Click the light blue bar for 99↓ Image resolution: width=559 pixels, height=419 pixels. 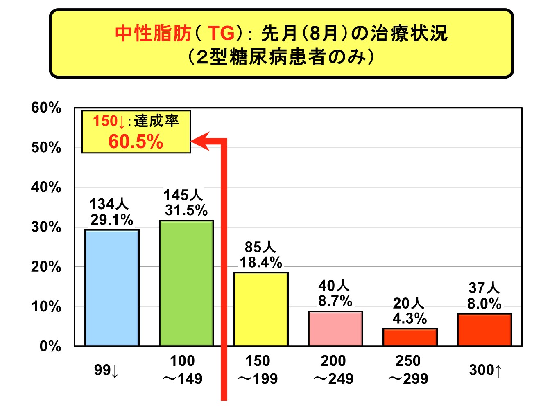click(x=112, y=288)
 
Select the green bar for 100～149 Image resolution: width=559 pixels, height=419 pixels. click(x=186, y=283)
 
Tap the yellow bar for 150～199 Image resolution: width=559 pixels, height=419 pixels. click(x=261, y=309)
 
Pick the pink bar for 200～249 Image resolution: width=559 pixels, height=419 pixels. click(x=335, y=329)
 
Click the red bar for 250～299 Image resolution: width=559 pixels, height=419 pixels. click(x=410, y=337)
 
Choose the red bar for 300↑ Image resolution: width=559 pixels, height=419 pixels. click(x=484, y=330)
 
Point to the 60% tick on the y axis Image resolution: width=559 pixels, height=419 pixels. click(x=46, y=108)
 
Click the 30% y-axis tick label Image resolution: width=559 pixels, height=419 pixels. click(x=46, y=227)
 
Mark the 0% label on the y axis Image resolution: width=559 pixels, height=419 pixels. click(x=50, y=346)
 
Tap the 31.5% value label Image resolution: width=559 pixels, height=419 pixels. click(x=186, y=210)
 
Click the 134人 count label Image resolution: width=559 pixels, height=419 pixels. click(x=109, y=204)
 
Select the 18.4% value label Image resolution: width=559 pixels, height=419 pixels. click(x=261, y=262)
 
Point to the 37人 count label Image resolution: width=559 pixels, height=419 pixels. click(x=484, y=288)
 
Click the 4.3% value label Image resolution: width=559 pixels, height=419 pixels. click(x=410, y=318)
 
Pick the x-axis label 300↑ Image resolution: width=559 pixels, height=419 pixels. click(x=485, y=370)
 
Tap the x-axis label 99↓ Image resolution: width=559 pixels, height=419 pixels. click(x=106, y=370)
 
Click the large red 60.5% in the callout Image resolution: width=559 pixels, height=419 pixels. click(x=136, y=142)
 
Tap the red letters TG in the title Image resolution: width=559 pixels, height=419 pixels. click(x=221, y=33)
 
